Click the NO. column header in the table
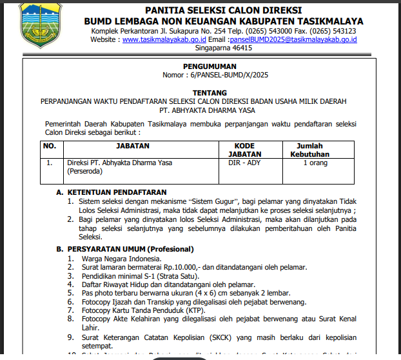[50, 146]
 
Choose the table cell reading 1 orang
[315, 163]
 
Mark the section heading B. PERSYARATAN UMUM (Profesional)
[125, 249]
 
